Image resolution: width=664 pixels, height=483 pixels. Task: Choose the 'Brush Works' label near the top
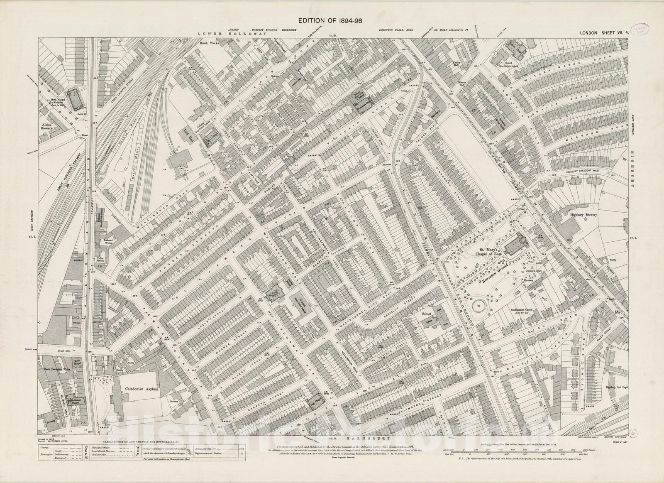coord(209,43)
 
